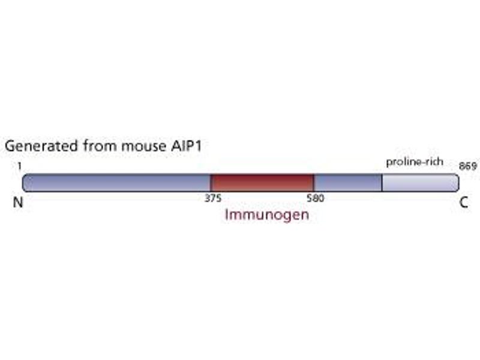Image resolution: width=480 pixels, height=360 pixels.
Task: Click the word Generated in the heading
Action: pos(40,146)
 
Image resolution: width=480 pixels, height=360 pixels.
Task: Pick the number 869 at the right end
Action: pos(467,165)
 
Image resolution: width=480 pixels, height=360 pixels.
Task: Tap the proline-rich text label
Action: pos(415,162)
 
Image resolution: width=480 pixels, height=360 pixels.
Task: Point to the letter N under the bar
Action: pos(18,203)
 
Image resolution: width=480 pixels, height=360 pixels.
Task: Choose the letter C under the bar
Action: pos(464,203)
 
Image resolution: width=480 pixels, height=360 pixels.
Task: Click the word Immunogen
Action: pos(267,215)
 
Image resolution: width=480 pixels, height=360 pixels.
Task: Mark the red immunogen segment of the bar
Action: pos(262,183)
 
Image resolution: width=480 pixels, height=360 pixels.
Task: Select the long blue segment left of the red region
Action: pos(117,183)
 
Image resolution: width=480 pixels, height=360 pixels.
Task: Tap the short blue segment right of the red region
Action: pos(348,183)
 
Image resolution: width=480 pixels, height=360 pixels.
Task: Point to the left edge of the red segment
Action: pos(211,183)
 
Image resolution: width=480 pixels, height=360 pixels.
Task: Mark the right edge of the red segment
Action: pos(314,183)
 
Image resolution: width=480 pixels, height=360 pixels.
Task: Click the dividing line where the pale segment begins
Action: pos(382,183)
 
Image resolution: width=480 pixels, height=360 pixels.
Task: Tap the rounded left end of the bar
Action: pos(25,183)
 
